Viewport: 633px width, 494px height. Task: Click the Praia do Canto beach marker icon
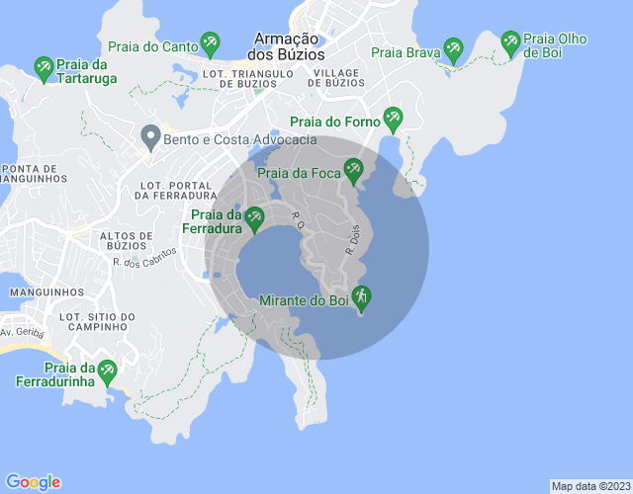point(210,42)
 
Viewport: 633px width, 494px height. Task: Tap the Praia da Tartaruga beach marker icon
point(44,67)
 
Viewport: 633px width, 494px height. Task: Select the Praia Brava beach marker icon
point(453,46)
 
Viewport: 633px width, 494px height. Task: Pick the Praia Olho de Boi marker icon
point(510,41)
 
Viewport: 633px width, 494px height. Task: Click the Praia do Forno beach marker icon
point(393,119)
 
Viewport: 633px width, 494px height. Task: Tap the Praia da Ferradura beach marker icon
point(254,216)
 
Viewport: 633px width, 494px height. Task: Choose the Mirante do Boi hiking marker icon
point(361,295)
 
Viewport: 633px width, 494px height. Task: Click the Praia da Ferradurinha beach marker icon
point(106,370)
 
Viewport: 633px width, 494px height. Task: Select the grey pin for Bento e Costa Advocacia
point(150,135)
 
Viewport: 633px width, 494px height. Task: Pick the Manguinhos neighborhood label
point(46,291)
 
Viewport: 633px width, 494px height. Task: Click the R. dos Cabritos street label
point(143,258)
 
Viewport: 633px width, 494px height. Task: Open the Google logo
point(33,481)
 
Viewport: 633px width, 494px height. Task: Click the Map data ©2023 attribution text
point(589,486)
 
